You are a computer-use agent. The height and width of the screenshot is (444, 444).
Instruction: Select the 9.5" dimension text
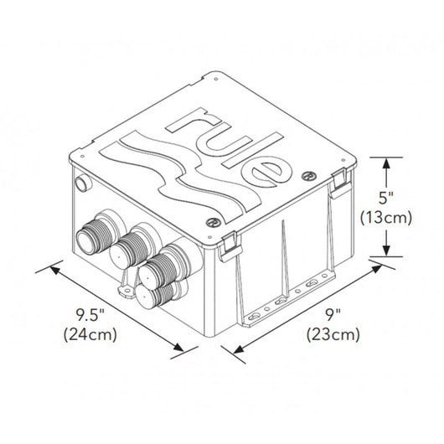92,317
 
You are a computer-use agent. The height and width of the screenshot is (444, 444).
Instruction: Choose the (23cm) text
333,336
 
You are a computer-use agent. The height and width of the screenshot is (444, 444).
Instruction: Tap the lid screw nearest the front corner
214,223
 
